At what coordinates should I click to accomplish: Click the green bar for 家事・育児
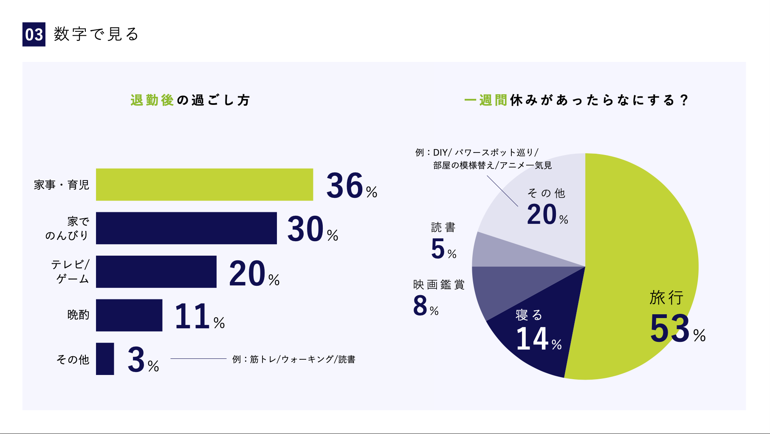(x=204, y=185)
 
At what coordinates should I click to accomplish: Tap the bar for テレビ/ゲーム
(x=156, y=272)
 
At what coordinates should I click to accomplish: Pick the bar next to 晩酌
(x=129, y=315)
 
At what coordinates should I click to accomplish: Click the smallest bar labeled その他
(x=105, y=359)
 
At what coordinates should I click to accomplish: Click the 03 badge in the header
(x=34, y=34)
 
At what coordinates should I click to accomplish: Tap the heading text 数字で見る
(x=96, y=34)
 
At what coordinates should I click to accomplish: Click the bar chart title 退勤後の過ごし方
(x=190, y=100)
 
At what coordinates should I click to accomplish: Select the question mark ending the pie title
(x=683, y=100)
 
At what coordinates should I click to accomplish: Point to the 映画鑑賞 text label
(x=439, y=285)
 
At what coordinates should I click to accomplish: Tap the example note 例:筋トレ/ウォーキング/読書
(x=293, y=359)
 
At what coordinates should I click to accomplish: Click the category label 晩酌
(x=78, y=315)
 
